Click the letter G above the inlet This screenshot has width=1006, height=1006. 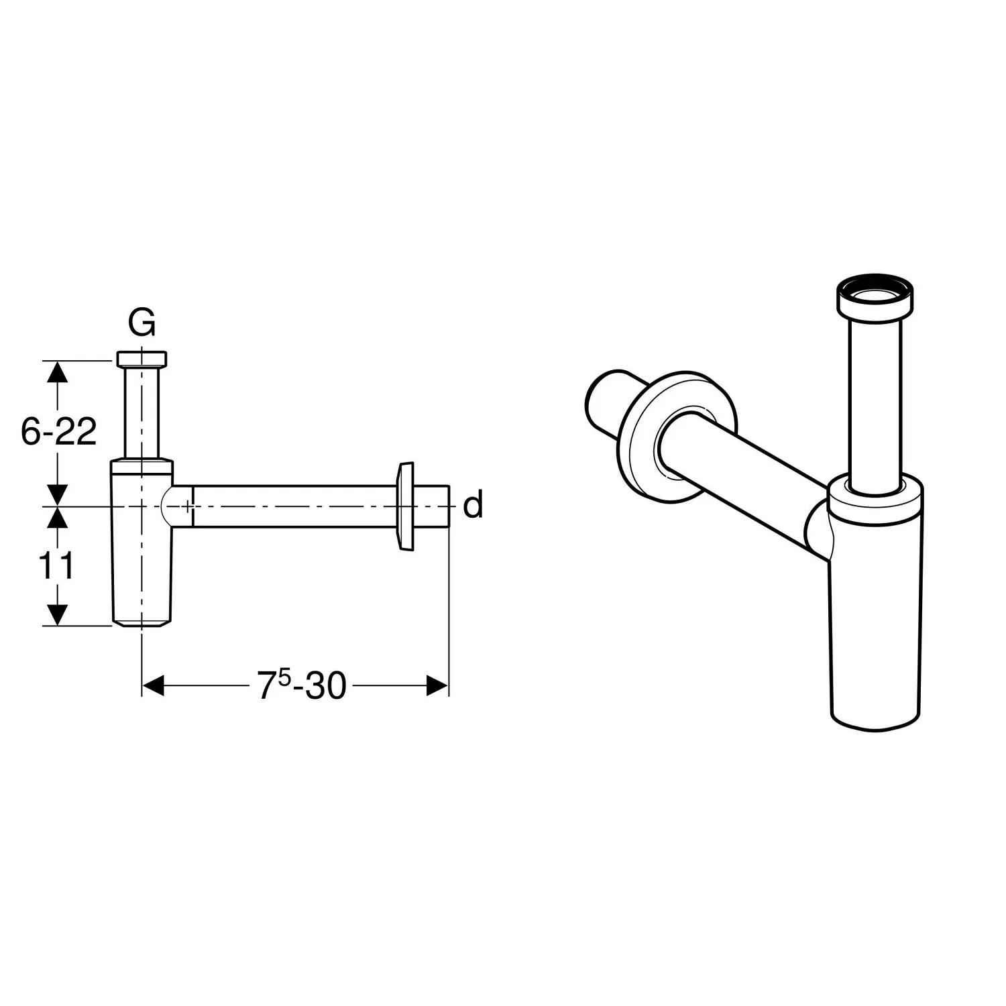[x=142, y=324]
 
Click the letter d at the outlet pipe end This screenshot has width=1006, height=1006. [x=473, y=506]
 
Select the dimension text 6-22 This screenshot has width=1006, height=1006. [x=58, y=433]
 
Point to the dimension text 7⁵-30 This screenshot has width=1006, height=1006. [x=302, y=685]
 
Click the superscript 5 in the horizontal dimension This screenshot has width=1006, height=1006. [x=283, y=675]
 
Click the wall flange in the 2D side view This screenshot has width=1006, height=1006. [x=406, y=506]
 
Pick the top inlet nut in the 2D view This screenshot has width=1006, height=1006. [x=142, y=359]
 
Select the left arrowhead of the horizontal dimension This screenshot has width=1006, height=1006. [x=154, y=685]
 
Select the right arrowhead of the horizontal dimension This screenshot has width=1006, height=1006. [x=437, y=685]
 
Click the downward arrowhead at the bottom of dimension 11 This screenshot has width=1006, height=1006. [x=58, y=614]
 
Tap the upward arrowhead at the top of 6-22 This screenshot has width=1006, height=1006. [x=58, y=372]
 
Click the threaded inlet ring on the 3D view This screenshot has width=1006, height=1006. [x=875, y=296]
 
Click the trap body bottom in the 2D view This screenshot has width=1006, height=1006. [x=142, y=614]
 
